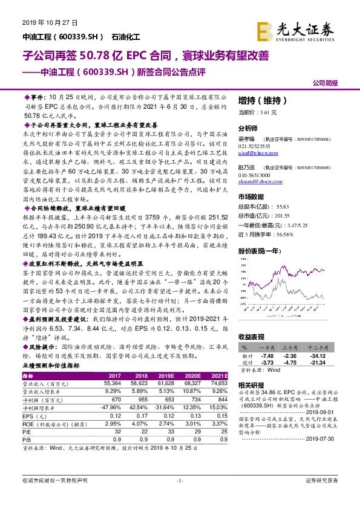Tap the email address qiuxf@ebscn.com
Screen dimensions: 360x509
coord(255,153)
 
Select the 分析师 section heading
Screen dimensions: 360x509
coord(249,128)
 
